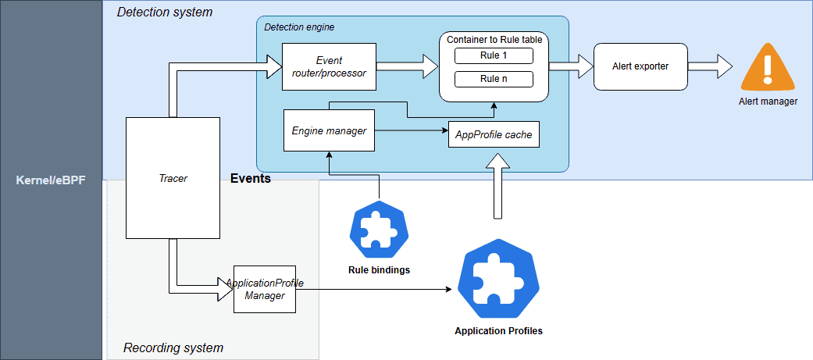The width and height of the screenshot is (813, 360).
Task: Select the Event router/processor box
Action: tap(329, 66)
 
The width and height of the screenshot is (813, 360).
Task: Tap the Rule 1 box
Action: tap(494, 55)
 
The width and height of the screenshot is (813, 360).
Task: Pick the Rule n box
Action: tap(494, 79)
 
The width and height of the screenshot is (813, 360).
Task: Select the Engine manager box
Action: tap(329, 130)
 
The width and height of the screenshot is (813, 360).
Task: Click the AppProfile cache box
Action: tap(494, 134)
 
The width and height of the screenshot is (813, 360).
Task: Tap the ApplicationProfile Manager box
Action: tap(265, 289)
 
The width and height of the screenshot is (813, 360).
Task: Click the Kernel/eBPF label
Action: tap(51, 180)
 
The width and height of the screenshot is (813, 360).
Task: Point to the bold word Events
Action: tap(251, 179)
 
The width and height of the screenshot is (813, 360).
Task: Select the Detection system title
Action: tap(164, 12)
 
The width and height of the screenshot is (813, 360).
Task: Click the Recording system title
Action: tap(173, 348)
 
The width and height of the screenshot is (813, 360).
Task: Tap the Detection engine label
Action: tap(299, 27)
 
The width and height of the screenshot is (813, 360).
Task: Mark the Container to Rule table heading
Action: tap(494, 39)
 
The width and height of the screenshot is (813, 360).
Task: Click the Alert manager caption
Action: tap(768, 102)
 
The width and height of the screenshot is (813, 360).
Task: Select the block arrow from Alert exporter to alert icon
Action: tap(709, 66)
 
